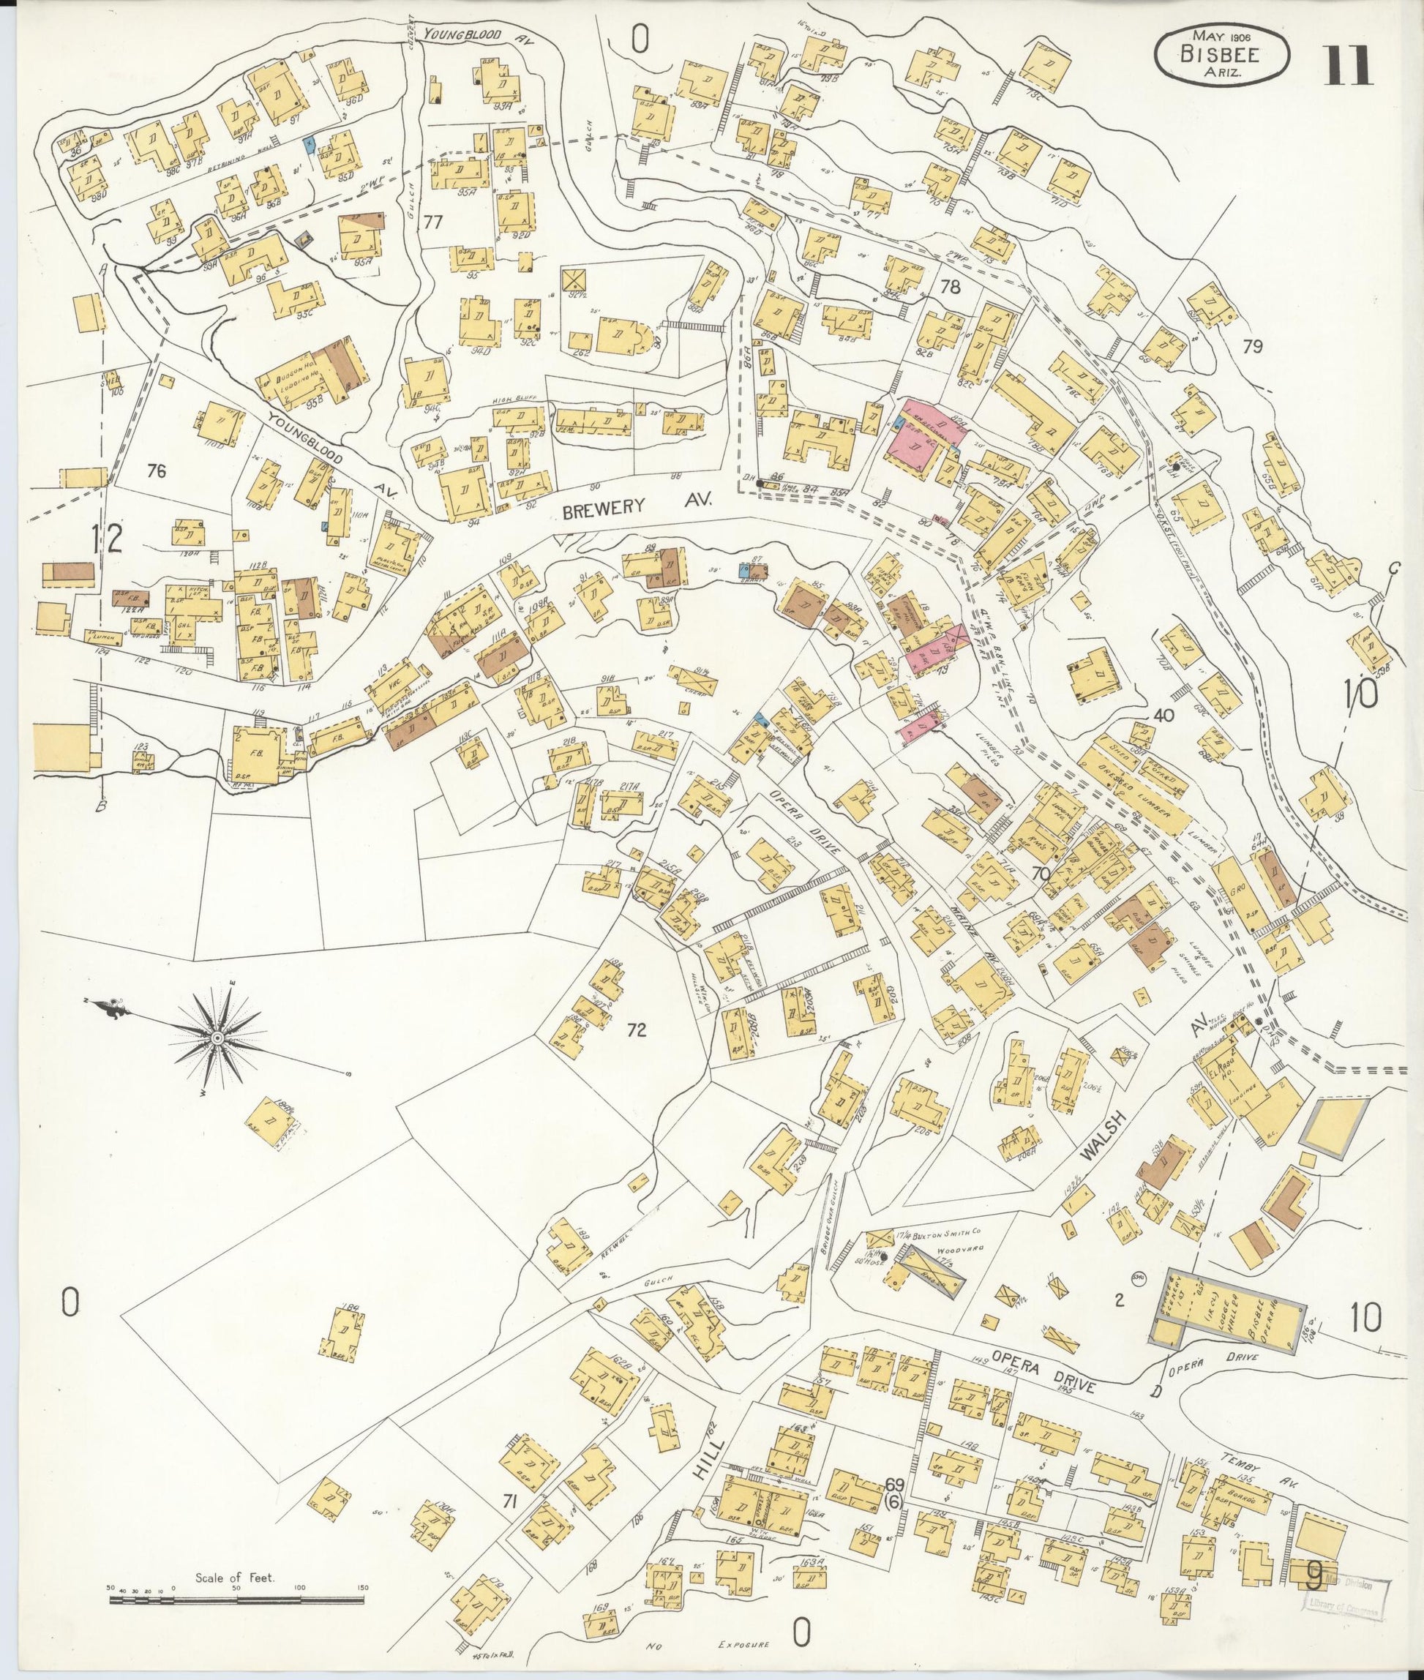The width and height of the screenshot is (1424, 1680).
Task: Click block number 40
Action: click(x=1163, y=716)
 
